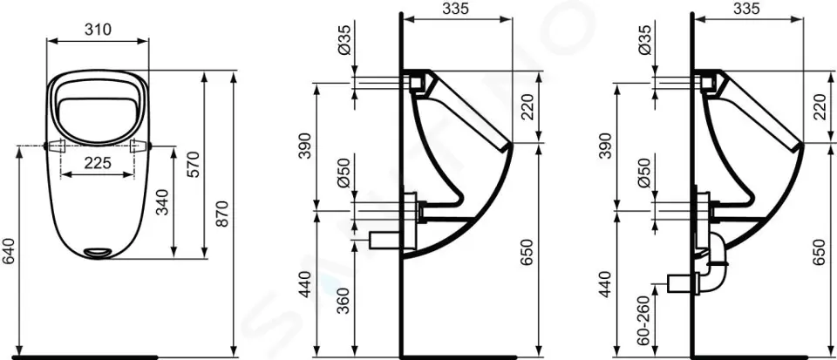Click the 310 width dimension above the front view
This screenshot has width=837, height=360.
(97, 29)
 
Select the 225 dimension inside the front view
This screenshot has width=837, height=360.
(97, 161)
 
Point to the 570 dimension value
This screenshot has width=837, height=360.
(194, 164)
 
